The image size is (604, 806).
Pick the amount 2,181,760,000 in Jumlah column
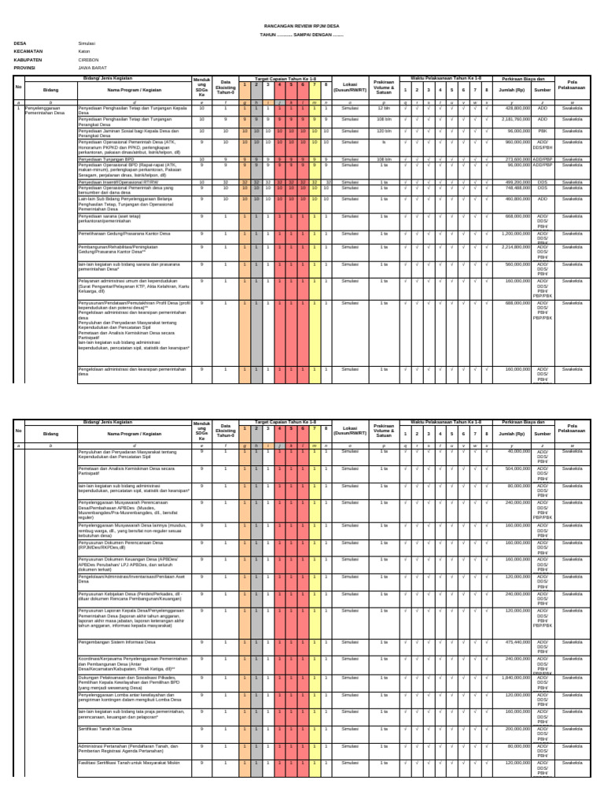click(x=514, y=119)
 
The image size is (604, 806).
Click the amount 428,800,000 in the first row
click(x=517, y=108)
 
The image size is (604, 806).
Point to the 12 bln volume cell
click(x=384, y=108)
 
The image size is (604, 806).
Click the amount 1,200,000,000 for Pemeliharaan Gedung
click(x=513, y=233)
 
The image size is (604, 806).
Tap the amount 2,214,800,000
click(x=513, y=247)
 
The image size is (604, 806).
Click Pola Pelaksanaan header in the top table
click(x=572, y=84)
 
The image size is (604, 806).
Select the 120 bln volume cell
click(x=384, y=130)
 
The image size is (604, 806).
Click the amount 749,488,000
click(x=517, y=187)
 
